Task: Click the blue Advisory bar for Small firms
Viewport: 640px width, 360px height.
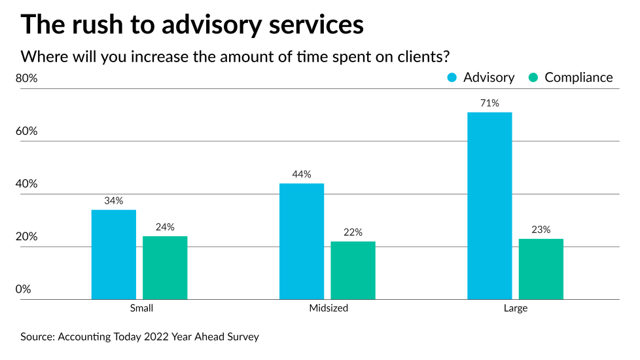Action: (114, 255)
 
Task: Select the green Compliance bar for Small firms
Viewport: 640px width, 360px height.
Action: (165, 268)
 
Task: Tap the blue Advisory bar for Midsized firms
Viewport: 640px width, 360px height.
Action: (302, 242)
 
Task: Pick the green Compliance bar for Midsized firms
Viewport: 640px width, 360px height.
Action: (353, 270)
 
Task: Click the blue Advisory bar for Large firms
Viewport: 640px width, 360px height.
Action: (489, 206)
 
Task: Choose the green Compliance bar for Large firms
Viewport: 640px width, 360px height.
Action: (541, 269)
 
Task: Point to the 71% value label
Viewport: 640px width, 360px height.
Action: (489, 103)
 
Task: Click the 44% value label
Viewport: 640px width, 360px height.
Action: (302, 175)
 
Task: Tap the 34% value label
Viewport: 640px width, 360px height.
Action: (114, 201)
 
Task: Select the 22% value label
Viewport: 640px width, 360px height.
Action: (353, 232)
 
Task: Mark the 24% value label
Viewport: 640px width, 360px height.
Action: (165, 227)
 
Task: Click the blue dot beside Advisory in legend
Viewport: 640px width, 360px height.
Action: (452, 78)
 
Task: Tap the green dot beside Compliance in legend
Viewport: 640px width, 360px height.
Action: (533, 78)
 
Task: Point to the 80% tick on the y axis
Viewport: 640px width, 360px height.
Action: (27, 79)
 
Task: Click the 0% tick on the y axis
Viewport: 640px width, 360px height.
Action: (24, 289)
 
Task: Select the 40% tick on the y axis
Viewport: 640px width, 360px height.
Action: (27, 184)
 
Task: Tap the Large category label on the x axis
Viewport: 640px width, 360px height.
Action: (515, 308)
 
